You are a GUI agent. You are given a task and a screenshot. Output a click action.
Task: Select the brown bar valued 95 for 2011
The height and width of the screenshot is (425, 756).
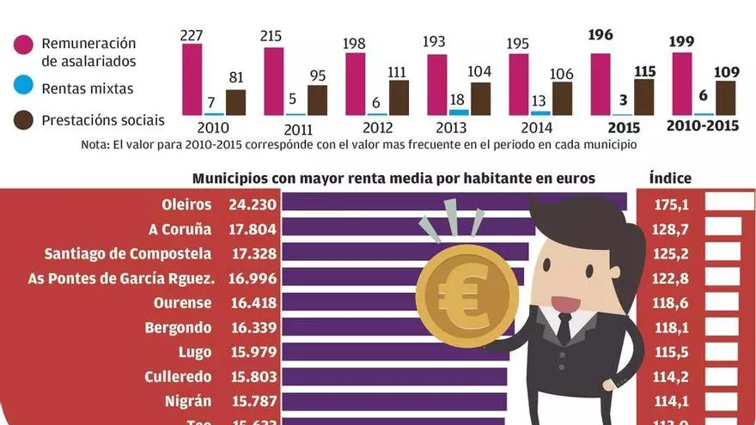[x=317, y=100]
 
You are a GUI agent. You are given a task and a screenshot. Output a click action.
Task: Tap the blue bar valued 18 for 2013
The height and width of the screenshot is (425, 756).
[x=459, y=112]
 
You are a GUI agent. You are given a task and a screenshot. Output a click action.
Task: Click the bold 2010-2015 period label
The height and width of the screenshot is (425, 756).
[x=702, y=126]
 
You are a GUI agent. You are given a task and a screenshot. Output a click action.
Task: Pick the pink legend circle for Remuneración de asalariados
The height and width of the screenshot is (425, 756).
[x=22, y=45]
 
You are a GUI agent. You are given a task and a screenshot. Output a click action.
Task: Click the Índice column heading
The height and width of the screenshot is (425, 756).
[x=670, y=179]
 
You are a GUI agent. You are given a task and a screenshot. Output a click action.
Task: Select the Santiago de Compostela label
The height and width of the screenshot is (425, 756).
[x=127, y=254]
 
